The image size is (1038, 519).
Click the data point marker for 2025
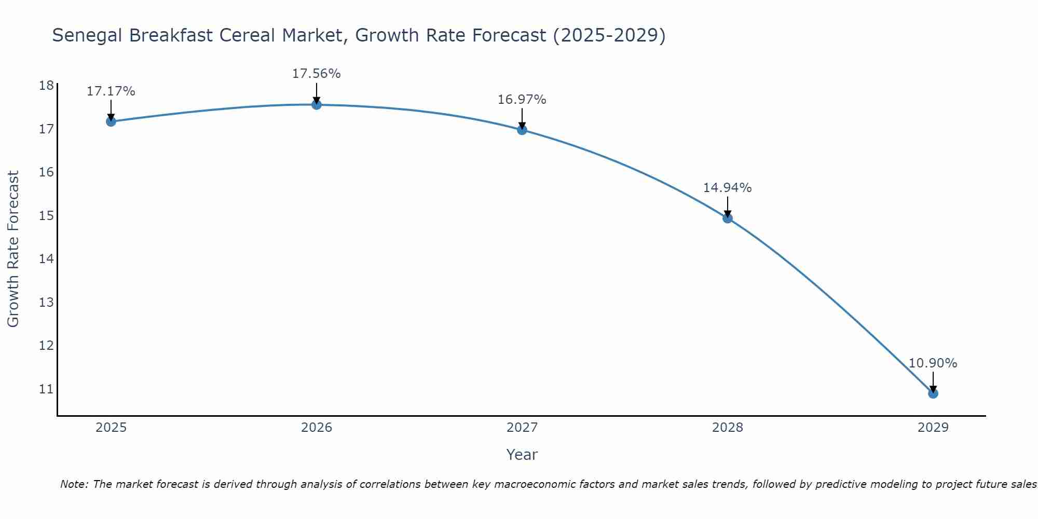pos(111,121)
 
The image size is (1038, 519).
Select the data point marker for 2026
pos(317,105)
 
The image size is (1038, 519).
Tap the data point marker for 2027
pos(522,130)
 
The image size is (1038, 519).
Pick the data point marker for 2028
pos(728,218)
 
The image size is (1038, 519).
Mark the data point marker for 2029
pos(933,393)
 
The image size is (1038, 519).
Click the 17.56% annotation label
pos(316,74)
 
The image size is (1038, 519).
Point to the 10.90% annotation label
pos(933,363)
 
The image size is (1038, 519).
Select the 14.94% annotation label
pos(727,188)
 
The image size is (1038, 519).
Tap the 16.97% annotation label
pos(522,100)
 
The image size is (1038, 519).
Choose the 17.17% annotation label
pos(111,91)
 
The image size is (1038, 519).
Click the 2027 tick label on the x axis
pos(522,428)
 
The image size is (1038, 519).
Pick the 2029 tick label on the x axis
pos(933,428)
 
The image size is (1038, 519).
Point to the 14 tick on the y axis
pos(46,258)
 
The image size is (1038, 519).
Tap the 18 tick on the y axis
pos(46,86)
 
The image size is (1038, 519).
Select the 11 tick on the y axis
pos(46,389)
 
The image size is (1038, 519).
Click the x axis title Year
pos(522,455)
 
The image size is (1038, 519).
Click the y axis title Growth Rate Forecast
pos(13,249)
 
